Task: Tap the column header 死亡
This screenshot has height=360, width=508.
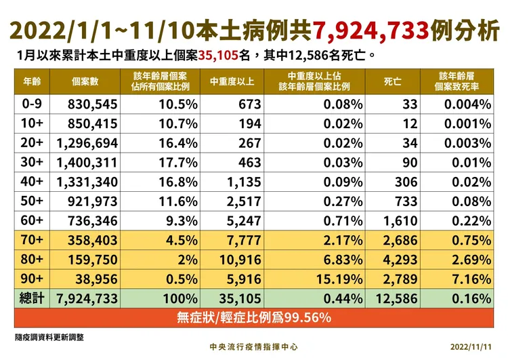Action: (x=393, y=81)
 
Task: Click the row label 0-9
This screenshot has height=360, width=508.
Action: (x=32, y=104)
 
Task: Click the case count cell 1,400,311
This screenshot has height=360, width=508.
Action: (x=88, y=163)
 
